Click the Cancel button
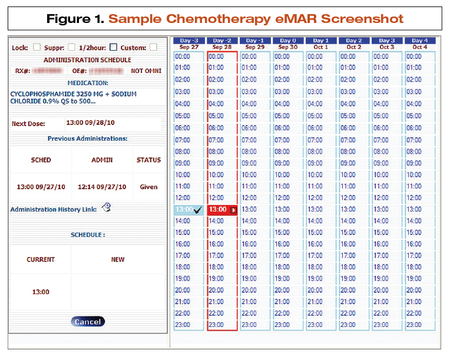click(88, 322)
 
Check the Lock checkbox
click(37, 47)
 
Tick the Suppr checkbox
click(72, 47)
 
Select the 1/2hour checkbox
click(114, 47)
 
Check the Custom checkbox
click(153, 47)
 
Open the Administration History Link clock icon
click(107, 207)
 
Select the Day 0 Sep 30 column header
click(287, 44)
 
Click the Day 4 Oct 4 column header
click(419, 44)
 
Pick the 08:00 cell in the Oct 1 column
click(320, 151)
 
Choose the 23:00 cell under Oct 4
click(419, 325)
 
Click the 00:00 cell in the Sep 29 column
click(254, 57)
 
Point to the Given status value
click(148, 187)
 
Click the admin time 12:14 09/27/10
click(102, 187)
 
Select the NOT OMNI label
click(146, 71)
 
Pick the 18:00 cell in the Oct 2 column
click(353, 267)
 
